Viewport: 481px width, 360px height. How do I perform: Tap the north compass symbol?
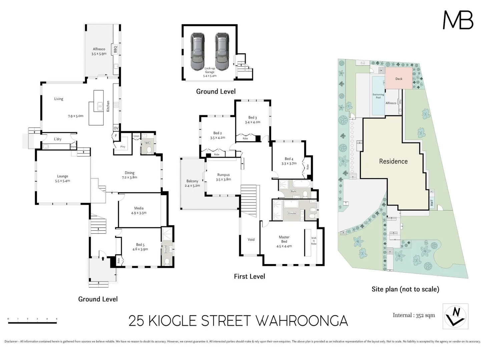(x=455, y=316)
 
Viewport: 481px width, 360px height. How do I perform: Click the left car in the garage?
(x=197, y=52)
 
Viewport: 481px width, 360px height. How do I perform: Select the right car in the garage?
(x=222, y=52)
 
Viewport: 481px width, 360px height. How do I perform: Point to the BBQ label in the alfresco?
(x=115, y=49)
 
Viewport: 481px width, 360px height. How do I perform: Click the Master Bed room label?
(x=284, y=239)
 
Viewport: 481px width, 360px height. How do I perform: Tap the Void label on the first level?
(x=251, y=239)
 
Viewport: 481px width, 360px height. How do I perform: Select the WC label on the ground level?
(x=147, y=143)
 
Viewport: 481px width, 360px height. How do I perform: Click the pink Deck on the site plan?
(x=399, y=79)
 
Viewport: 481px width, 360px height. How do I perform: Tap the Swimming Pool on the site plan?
(x=378, y=96)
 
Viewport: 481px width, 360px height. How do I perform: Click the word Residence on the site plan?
(x=393, y=161)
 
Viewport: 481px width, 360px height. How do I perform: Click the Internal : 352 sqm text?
(x=414, y=315)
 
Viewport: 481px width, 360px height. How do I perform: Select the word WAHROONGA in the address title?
(x=302, y=321)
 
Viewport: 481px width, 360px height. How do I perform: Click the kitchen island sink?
(x=99, y=107)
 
